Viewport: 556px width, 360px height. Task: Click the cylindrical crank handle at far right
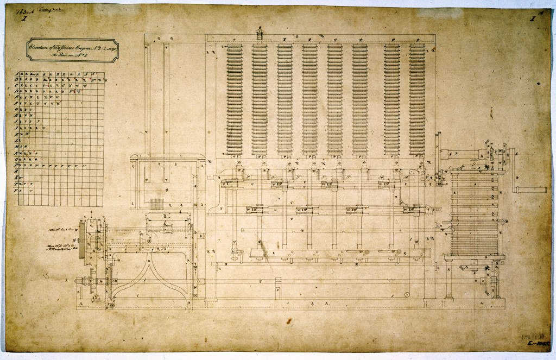tap(533, 190)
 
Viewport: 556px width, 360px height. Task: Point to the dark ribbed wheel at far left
tap(83, 236)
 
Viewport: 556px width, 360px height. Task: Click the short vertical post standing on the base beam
tap(278, 288)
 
